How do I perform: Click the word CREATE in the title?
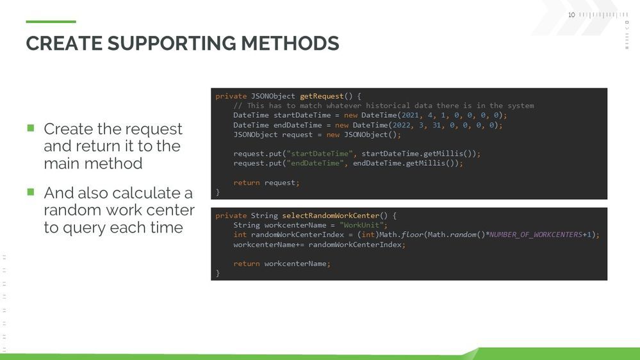pos(64,44)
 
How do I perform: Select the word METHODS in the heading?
pos(290,44)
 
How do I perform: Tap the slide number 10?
pos(571,15)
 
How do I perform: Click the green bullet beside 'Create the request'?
pos(31,128)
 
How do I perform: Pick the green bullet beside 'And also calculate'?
pos(31,192)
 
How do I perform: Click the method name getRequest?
pos(322,96)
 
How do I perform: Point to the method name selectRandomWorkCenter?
pos(331,215)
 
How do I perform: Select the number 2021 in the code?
pos(410,115)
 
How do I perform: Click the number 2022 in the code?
pos(402,125)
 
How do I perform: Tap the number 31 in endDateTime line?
pos(436,125)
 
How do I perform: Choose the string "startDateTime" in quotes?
pos(320,154)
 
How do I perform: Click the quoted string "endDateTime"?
pos(315,163)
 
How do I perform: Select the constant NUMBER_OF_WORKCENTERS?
pos(536,234)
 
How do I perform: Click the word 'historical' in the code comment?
pos(388,106)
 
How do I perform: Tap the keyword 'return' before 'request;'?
pos(247,183)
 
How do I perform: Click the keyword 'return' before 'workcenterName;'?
pos(247,264)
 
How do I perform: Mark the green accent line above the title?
pos(51,22)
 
